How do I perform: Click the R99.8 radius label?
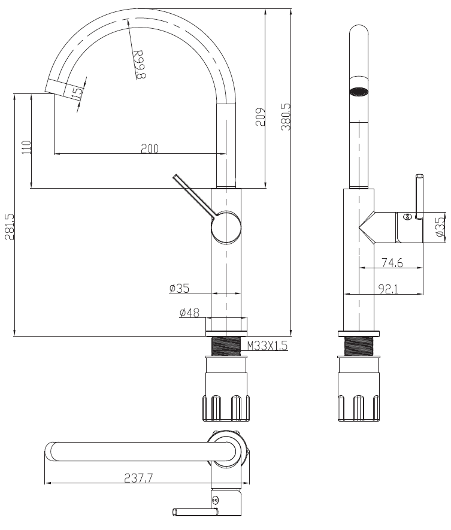(x=140, y=65)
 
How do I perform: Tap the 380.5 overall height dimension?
(x=286, y=117)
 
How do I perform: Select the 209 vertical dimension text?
(x=261, y=117)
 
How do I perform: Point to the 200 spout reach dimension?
(x=149, y=149)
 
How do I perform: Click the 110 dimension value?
(x=26, y=147)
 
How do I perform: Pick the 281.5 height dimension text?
(x=9, y=226)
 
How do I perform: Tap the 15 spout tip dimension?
(x=77, y=93)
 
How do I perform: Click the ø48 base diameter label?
(x=189, y=313)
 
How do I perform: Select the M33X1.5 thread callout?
(x=267, y=346)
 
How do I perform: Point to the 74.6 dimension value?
(x=392, y=263)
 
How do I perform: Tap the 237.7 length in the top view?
(x=138, y=478)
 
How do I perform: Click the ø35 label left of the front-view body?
(x=179, y=288)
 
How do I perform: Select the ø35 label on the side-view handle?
(x=440, y=227)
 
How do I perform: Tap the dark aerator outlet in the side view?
(x=359, y=91)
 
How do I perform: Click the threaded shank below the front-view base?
(x=226, y=346)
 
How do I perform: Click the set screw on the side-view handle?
(x=407, y=217)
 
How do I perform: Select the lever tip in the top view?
(x=175, y=512)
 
